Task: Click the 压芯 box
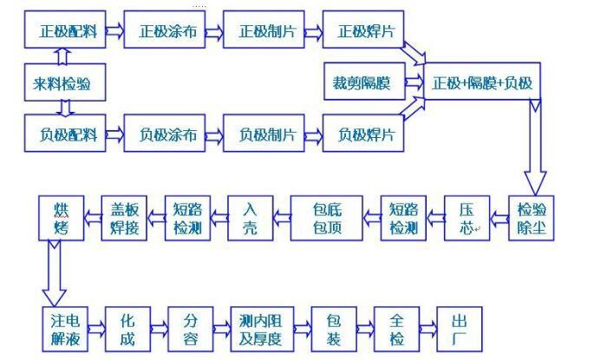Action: pyautogui.click(x=467, y=219)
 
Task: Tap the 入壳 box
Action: pyautogui.click(x=250, y=219)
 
